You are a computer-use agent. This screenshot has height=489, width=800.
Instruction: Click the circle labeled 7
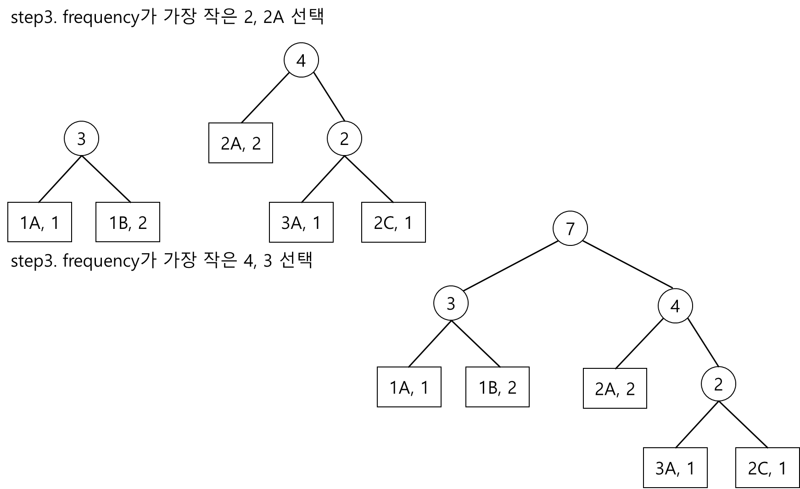point(570,228)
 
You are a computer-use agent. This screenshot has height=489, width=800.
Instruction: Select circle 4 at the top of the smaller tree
point(301,61)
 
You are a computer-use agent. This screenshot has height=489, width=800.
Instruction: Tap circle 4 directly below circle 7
point(675,306)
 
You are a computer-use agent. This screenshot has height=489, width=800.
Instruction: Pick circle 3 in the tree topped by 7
point(451,303)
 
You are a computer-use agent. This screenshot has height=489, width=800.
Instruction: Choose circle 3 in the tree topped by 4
point(81,138)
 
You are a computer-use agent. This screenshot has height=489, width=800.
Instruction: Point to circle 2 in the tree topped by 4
point(344,139)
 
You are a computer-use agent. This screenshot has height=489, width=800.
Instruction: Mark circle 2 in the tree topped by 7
point(718,384)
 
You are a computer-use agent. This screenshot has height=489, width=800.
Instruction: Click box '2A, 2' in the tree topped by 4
point(241,143)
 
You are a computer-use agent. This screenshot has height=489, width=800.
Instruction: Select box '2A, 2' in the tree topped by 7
point(615,388)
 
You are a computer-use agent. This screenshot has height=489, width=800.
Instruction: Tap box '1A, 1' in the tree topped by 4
point(39,222)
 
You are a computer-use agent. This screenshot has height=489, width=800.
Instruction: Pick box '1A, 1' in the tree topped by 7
point(408,387)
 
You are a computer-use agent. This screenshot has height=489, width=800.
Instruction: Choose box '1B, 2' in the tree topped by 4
point(128,222)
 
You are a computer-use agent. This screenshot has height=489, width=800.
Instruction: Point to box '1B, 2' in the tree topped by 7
point(497,387)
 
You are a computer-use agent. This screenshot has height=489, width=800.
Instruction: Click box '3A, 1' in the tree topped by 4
point(301,222)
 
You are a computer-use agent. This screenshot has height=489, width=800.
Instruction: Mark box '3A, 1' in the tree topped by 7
point(675,467)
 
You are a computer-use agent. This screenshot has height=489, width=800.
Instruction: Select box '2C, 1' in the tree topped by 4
point(393,222)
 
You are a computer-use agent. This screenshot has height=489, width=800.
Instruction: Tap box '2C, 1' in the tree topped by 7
point(767,467)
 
